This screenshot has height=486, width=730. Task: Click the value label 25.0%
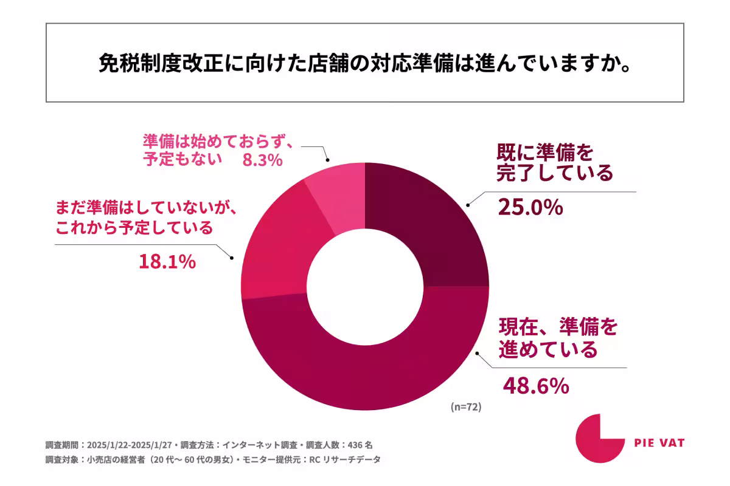(x=529, y=208)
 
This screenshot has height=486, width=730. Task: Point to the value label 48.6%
(x=535, y=385)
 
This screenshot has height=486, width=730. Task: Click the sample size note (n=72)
(x=466, y=408)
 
